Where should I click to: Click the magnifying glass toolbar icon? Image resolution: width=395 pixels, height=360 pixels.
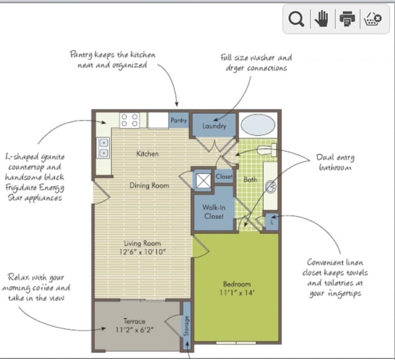pos(296,20)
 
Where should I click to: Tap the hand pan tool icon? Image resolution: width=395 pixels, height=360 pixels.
pos(321,20)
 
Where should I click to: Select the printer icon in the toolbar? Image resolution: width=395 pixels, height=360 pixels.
pos(347,20)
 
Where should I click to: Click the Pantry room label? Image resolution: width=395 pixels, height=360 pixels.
pos(179,121)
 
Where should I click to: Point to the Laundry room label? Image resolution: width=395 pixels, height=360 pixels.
pos(214,126)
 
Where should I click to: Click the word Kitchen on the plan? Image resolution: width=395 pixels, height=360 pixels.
pos(148,154)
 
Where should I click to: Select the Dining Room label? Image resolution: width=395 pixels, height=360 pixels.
pos(149,186)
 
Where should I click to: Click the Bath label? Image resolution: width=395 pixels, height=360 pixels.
pos(250,179)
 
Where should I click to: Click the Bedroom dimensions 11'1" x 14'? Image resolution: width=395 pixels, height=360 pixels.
pos(237,293)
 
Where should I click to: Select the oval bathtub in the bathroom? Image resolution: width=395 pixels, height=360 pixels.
pos(257,125)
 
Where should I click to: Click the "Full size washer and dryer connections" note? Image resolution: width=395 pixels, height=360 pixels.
pos(255,63)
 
